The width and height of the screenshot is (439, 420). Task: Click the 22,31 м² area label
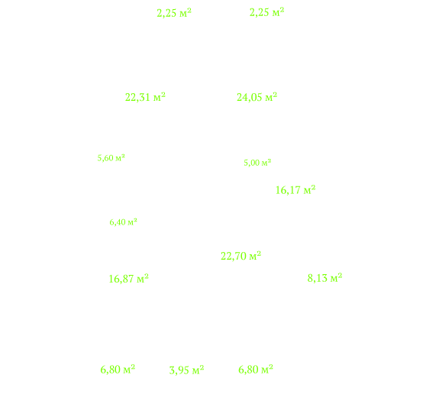click(145, 97)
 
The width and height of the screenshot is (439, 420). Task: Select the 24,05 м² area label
click(257, 97)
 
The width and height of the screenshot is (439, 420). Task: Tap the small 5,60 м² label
click(111, 158)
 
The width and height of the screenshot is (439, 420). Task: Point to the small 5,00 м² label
click(257, 163)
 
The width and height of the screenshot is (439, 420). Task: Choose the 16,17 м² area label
click(295, 190)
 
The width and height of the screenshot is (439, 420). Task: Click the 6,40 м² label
click(123, 222)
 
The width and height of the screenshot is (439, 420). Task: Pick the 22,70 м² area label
click(240, 256)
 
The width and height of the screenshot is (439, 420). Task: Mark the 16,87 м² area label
click(128, 279)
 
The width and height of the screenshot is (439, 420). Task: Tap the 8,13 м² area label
click(324, 278)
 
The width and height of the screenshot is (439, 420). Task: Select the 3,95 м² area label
click(186, 370)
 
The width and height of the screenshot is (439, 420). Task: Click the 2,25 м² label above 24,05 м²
click(266, 12)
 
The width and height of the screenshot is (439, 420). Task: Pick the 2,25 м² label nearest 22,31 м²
click(174, 13)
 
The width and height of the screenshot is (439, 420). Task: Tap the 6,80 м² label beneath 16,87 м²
click(118, 370)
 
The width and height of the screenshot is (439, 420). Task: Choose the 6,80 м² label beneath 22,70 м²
click(256, 370)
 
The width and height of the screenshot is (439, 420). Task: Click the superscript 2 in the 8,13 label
click(340, 275)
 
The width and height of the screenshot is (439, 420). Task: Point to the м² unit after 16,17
click(310, 190)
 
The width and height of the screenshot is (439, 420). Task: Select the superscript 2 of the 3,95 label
click(202, 367)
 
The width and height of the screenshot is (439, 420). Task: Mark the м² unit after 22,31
click(160, 97)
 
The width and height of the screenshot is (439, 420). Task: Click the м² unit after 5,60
click(121, 157)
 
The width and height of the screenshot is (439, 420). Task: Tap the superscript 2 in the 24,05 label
click(275, 95)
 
